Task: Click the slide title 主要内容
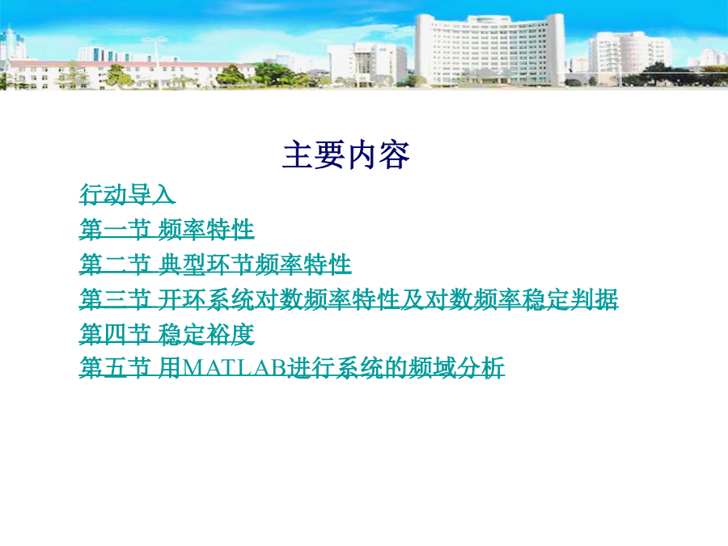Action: (346, 154)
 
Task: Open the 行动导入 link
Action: (127, 193)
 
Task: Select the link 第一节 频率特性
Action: (167, 229)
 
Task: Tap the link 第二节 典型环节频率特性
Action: (215, 264)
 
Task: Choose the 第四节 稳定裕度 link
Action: (167, 334)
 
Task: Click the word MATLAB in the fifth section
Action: (235, 368)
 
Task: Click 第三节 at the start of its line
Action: (115, 298)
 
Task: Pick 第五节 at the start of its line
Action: (115, 368)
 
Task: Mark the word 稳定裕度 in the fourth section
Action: (205, 334)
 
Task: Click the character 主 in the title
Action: (298, 154)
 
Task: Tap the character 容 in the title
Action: (394, 154)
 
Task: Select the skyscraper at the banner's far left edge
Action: (8, 46)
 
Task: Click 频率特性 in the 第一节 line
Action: (205, 229)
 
